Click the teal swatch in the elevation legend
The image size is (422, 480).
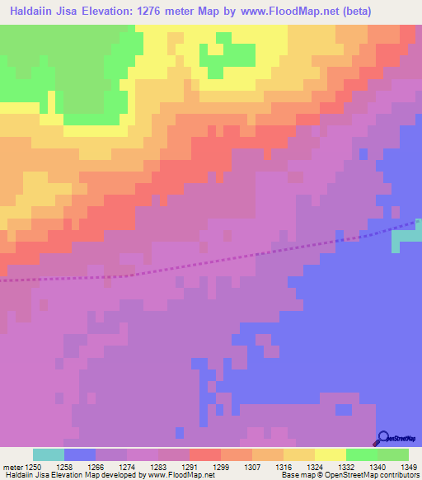click(49, 454)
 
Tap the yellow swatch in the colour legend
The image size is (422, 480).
click(331, 454)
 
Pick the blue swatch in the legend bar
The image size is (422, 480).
click(80, 454)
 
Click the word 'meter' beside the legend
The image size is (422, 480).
click(12, 466)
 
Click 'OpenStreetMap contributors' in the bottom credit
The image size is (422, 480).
click(379, 475)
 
